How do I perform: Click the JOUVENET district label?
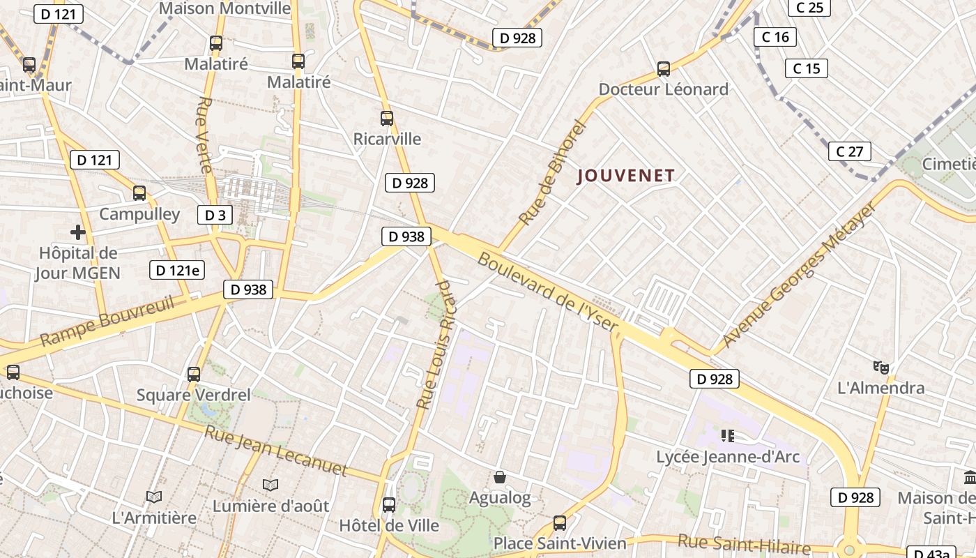coord(626,176)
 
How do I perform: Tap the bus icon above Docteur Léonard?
coord(664,69)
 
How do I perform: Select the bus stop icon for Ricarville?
coord(387,119)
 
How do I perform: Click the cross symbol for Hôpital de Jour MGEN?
coord(78,232)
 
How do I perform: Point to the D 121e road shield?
coord(177,270)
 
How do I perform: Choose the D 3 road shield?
coord(215,215)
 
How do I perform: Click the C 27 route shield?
coord(850,151)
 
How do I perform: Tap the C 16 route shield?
coord(775,37)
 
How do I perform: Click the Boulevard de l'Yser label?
coord(548,292)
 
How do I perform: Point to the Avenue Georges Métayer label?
coord(799,274)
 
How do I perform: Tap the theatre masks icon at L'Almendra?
coord(881,367)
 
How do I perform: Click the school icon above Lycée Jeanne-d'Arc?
coord(728,436)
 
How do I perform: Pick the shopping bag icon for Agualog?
coord(500,477)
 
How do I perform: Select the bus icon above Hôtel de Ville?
coord(389,504)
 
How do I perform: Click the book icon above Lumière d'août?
coord(270,485)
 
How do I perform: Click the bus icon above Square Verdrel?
coord(194,375)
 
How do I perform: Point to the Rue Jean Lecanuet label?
coord(275,451)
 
